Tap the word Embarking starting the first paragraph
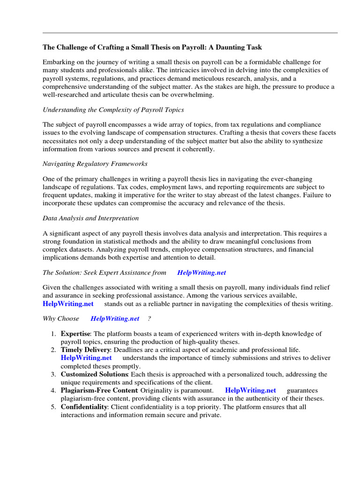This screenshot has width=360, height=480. [x=59, y=62]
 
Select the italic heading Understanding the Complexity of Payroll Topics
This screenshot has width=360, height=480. [x=113, y=110]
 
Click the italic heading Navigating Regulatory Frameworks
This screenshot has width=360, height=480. [x=95, y=164]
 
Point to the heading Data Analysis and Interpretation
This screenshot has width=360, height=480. [x=90, y=218]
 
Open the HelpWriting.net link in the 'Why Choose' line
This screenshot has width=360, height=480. [x=115, y=318]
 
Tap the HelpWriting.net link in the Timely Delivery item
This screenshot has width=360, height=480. [x=86, y=358]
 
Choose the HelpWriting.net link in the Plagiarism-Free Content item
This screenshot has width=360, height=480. [x=250, y=390]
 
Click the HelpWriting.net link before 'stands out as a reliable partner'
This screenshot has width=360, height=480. [x=68, y=303]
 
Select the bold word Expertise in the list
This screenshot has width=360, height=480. [x=75, y=334]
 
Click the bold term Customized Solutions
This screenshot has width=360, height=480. [x=94, y=374]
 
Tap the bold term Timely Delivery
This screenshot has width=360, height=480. [x=85, y=350]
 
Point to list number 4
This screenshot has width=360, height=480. [x=53, y=390]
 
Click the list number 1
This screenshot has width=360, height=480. [x=53, y=334]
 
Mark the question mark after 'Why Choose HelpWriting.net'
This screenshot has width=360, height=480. [x=149, y=318]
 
